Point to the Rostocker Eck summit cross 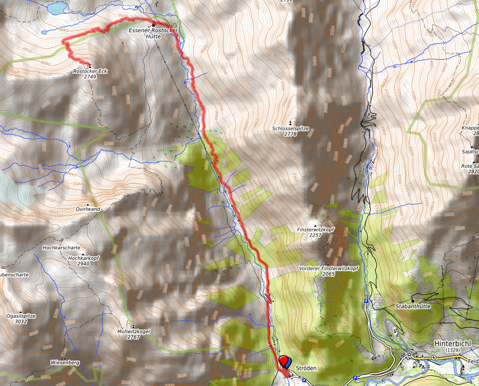(x=90, y=65)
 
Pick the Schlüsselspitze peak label (x=290, y=128)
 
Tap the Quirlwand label (x=88, y=209)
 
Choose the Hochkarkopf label (x=84, y=258)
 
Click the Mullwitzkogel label (x=133, y=331)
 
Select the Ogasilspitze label (x=21, y=316)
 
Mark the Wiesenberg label (x=65, y=363)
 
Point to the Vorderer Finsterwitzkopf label (x=329, y=268)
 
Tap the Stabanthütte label (x=413, y=306)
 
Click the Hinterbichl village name (x=452, y=343)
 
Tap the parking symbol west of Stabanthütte (x=367, y=301)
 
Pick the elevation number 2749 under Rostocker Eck (x=90, y=77)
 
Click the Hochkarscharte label (x=61, y=247)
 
